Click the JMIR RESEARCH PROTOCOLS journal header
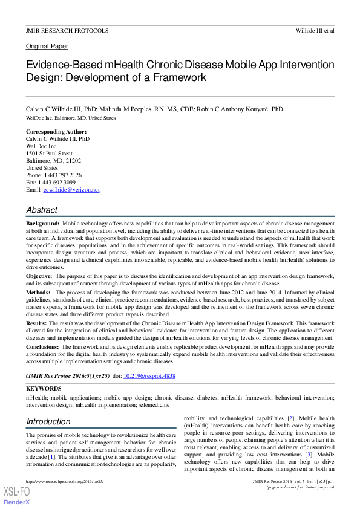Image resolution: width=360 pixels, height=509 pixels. (67, 30)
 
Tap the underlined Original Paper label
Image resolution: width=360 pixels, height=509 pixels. (47, 46)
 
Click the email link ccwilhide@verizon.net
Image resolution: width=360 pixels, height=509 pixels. (71, 190)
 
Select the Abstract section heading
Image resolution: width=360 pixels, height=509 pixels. (42, 210)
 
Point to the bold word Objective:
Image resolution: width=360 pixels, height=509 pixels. (39, 276)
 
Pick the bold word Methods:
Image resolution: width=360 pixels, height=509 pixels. (38, 291)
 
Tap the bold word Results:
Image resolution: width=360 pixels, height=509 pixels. (36, 323)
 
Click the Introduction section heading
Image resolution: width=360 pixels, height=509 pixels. (48, 421)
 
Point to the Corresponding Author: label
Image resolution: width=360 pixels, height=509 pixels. (56, 132)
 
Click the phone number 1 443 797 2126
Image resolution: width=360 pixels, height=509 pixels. (63, 175)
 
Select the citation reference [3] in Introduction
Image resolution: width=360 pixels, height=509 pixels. (309, 454)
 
